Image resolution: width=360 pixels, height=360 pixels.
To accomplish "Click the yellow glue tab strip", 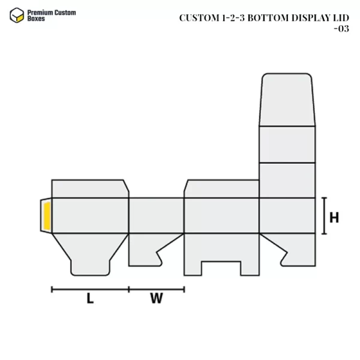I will [46, 216].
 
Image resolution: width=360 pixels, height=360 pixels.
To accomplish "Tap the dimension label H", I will [334, 217].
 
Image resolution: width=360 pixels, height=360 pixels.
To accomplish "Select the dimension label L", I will [90, 298].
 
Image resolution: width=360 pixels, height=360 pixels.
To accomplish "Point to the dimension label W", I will [157, 298].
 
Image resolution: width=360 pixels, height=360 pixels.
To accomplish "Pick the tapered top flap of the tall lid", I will [287, 99].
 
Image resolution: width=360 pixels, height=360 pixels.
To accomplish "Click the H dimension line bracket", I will [325, 215].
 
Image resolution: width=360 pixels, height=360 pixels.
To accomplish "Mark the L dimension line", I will [90, 289].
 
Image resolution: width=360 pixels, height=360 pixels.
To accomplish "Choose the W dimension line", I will [157, 289].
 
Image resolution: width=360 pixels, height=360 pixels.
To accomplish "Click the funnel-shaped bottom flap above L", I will [90, 252].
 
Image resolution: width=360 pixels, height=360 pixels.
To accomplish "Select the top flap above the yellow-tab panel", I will [90, 188].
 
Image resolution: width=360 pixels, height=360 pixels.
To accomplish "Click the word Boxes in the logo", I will [35, 19].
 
